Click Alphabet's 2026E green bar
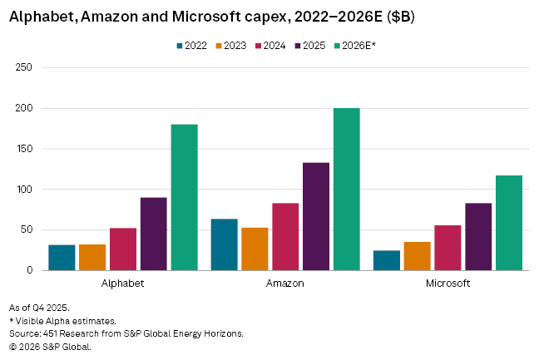(184, 198)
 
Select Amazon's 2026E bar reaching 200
(346, 190)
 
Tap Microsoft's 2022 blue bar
(387, 260)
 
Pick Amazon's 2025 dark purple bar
(315, 216)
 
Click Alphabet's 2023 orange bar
(92, 257)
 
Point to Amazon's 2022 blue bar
(224, 244)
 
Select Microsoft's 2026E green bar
(508, 223)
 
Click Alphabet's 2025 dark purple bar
(153, 234)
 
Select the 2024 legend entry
(270, 46)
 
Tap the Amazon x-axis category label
(285, 284)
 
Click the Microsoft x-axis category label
(448, 284)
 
